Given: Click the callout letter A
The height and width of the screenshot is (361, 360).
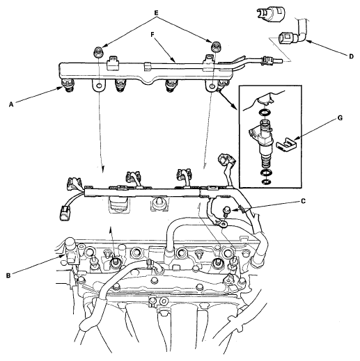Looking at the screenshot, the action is (x=11, y=105).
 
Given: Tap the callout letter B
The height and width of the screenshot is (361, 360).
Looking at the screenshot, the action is (x=8, y=276).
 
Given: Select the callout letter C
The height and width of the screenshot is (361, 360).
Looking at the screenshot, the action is (x=303, y=201).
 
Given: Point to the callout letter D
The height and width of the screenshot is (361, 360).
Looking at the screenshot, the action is (x=351, y=56).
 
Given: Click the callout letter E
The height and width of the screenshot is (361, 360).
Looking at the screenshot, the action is (x=156, y=13).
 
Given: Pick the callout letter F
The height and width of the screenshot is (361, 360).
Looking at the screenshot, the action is (x=152, y=35).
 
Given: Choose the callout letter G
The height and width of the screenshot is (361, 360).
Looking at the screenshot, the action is (x=340, y=118).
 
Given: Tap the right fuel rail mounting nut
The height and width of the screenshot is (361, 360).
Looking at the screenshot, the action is (x=215, y=46).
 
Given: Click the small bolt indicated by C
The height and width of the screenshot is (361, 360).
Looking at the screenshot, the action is (x=226, y=211).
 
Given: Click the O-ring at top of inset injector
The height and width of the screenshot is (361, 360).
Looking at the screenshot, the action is (x=265, y=113).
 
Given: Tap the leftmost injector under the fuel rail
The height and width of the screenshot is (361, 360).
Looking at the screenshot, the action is (x=68, y=85).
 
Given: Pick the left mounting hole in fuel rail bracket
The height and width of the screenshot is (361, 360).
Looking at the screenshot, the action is (x=99, y=86).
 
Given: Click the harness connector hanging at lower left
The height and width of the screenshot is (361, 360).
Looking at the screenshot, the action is (x=64, y=212).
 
